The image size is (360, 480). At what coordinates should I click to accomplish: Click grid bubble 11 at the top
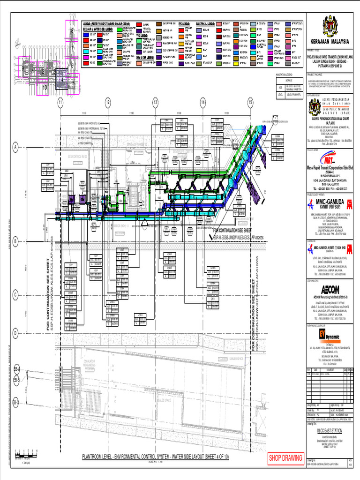point(60,102)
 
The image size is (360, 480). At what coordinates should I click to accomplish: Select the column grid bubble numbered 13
point(155,102)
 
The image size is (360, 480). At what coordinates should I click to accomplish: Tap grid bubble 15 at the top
point(250,102)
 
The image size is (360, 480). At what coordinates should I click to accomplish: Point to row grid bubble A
point(16,147)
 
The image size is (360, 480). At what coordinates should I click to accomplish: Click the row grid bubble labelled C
point(16,294)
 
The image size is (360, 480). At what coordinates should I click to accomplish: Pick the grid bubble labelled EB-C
point(16,403)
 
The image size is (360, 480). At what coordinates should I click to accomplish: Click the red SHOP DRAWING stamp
point(285,458)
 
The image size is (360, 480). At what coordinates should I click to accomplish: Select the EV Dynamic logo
point(330,334)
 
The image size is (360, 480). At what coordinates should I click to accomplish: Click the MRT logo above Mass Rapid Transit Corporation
point(330,159)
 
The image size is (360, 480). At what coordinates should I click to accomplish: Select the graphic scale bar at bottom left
point(26,453)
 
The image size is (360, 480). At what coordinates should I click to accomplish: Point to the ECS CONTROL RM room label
point(78,157)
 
